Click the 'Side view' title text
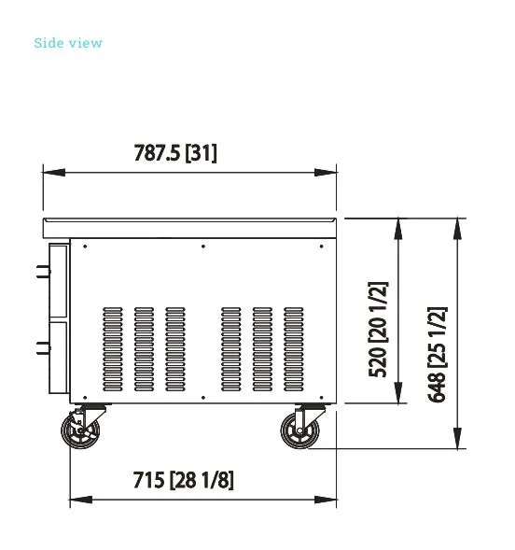pos(68,43)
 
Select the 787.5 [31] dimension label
pos(175,153)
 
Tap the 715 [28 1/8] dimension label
pos(183,480)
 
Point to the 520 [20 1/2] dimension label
pos(378,330)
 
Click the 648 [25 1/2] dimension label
pos(438,354)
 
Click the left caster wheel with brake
pos(80,430)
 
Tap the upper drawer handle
pos(44,272)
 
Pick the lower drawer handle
pos(44,348)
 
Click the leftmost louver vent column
pos(113,349)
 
